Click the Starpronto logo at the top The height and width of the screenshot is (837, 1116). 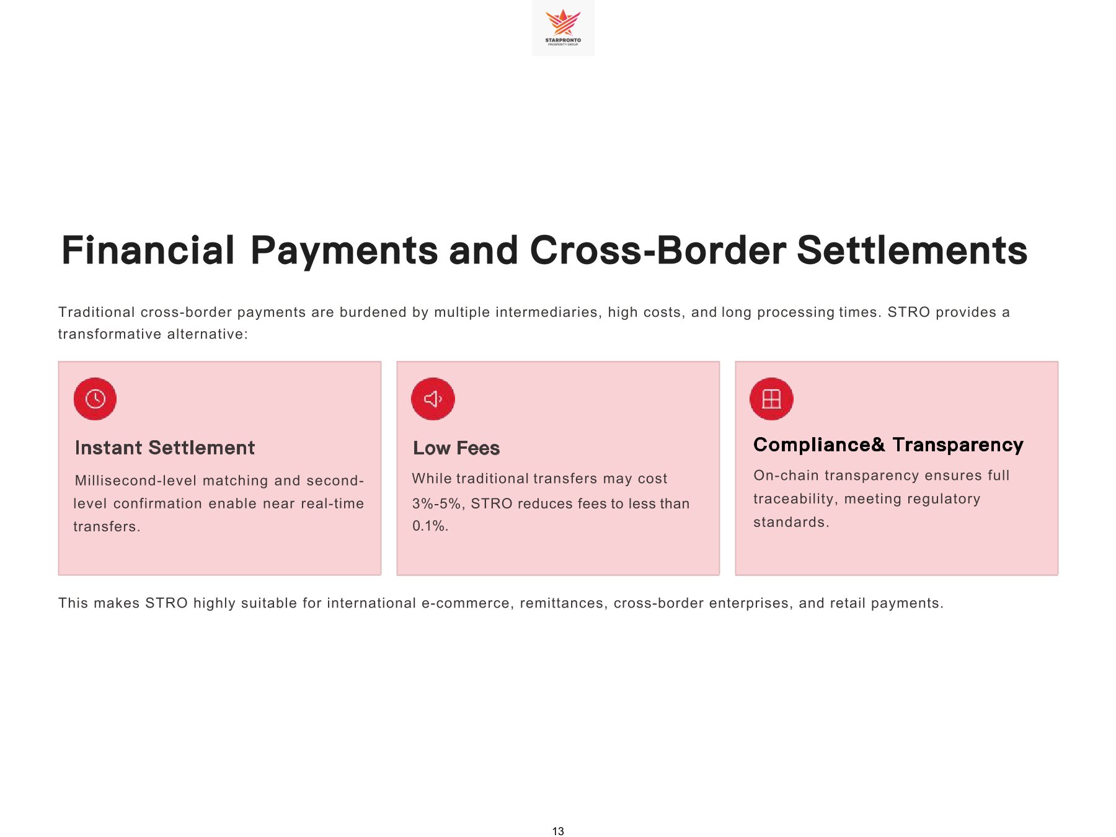pyautogui.click(x=563, y=27)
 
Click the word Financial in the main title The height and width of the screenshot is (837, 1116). pyautogui.click(x=148, y=250)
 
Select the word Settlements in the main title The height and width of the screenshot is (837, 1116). pyautogui.click(x=912, y=250)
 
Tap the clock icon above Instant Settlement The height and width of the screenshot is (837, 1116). pyautogui.click(x=95, y=399)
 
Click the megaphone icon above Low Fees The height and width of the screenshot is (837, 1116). pyautogui.click(x=433, y=399)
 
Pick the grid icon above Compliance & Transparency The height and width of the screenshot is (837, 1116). pyautogui.click(x=771, y=399)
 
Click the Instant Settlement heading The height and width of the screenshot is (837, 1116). pyautogui.click(x=165, y=448)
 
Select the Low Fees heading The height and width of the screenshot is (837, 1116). pyautogui.click(x=456, y=448)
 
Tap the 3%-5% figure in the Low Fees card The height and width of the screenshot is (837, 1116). pyautogui.click(x=437, y=503)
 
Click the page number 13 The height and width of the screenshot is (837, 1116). pyautogui.click(x=558, y=831)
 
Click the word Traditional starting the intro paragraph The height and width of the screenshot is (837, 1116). pyautogui.click(x=96, y=312)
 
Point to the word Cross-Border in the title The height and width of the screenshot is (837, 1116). pyautogui.click(x=658, y=250)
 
